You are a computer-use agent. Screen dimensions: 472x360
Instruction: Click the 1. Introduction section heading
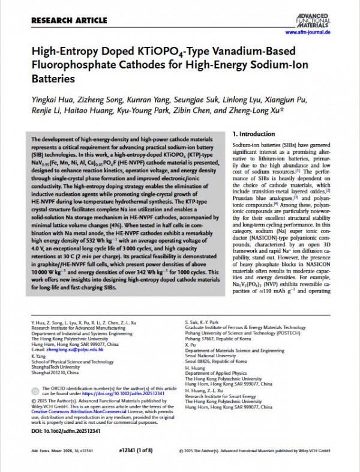click(x=253, y=134)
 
